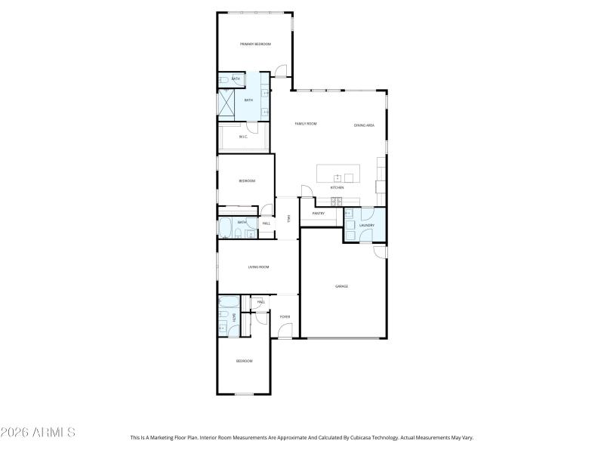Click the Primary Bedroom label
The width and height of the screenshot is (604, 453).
click(255, 45)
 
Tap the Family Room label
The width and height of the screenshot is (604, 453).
click(305, 123)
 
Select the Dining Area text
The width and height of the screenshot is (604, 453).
click(364, 125)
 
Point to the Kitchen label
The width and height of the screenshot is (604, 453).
click(337, 187)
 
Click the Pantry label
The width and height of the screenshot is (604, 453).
click(318, 214)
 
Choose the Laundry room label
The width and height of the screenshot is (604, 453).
click(368, 225)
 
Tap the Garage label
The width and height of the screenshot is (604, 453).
click(341, 286)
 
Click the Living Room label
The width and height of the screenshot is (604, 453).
click(259, 267)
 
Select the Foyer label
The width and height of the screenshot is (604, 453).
click(285, 316)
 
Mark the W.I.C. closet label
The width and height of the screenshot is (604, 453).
click(243, 137)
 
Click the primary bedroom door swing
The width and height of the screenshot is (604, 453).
click(280, 71)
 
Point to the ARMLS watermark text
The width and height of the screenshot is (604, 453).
click(38, 433)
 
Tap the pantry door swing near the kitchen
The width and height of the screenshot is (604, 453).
click(306, 191)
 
